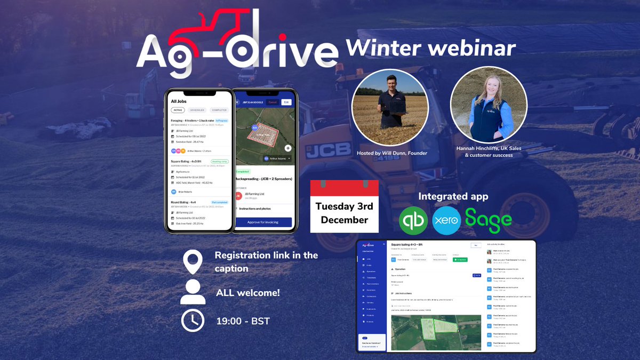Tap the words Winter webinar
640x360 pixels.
tap(430, 48)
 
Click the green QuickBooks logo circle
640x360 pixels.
tap(414, 220)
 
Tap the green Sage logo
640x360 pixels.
tap(489, 219)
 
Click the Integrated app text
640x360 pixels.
tap(453, 196)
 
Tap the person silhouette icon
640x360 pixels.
tap(193, 293)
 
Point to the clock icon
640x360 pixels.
tap(193, 321)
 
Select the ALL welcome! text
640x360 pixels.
tap(248, 293)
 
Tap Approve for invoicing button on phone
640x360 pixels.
tap(263, 222)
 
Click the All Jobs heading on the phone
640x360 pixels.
tap(181, 101)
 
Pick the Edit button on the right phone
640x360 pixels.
tap(286, 102)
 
